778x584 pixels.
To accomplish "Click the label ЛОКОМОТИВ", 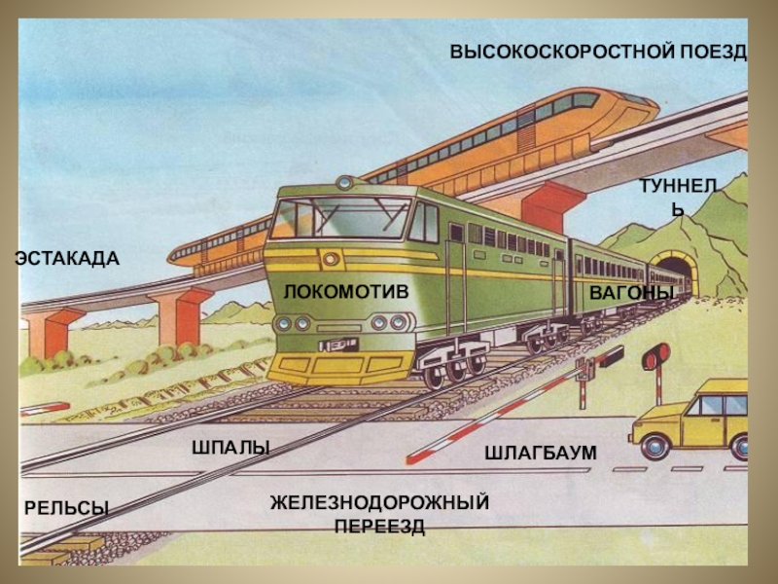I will click(345, 292).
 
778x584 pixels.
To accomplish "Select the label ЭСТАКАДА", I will click(67, 258).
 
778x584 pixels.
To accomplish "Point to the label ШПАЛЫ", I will click(230, 446).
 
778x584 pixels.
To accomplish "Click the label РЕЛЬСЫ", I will click(66, 507).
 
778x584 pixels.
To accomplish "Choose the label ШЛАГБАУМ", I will click(540, 454).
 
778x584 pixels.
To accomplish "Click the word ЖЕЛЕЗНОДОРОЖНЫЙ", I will click(379, 502).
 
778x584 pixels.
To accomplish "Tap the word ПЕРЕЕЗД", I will click(379, 527).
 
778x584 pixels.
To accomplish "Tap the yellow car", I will click(696, 419).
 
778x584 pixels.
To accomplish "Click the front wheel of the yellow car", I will click(652, 447).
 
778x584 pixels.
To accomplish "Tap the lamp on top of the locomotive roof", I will click(344, 182).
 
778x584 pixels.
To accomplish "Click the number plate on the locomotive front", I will click(336, 344).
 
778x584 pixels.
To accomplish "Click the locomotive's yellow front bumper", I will click(340, 367).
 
